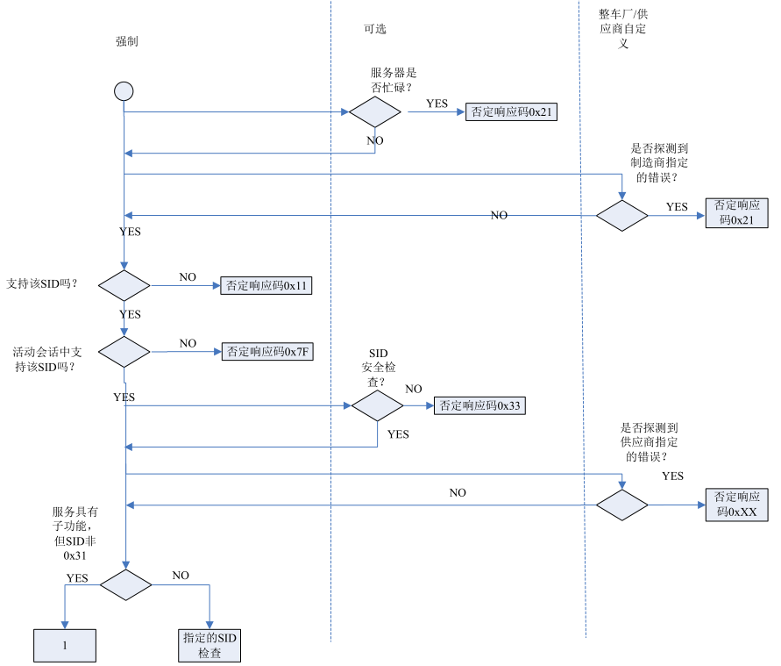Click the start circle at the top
(x=124, y=91)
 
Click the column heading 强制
(x=127, y=41)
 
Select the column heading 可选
(x=375, y=29)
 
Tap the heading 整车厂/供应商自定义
(x=623, y=29)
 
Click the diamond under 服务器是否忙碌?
(x=375, y=112)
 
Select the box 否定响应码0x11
(x=266, y=285)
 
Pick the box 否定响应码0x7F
(x=266, y=351)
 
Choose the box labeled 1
(x=65, y=645)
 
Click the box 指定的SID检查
(x=209, y=645)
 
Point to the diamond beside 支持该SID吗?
(x=124, y=285)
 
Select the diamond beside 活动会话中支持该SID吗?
(x=124, y=352)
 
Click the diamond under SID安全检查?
(x=378, y=405)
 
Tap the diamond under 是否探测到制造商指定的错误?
(x=622, y=215)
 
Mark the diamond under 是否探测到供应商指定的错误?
(x=622, y=505)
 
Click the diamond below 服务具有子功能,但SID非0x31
(x=124, y=584)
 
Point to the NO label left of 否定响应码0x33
(x=414, y=389)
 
